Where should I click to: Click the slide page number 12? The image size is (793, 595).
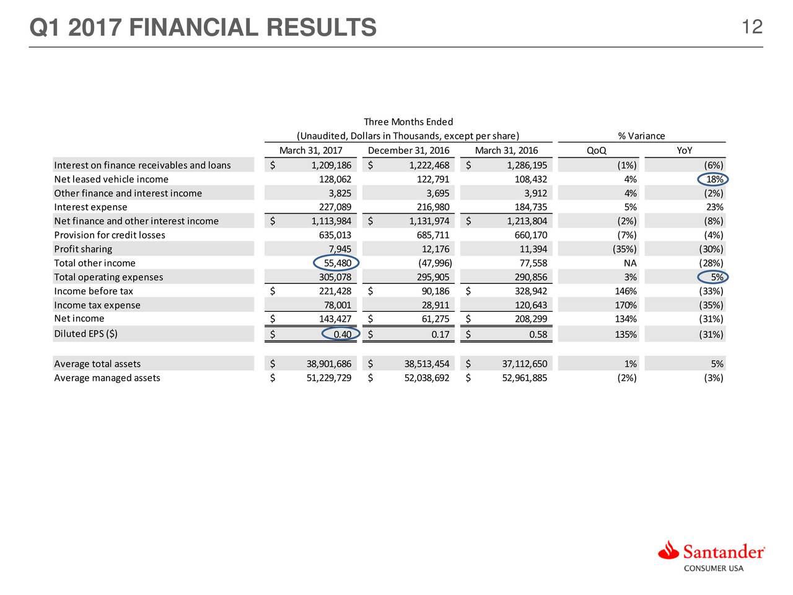[751, 27]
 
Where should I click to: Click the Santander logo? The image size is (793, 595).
[712, 555]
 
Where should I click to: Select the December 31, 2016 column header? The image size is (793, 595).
[408, 151]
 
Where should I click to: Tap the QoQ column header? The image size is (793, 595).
[596, 151]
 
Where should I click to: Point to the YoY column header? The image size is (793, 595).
[685, 151]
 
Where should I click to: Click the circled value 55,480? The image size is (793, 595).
[338, 263]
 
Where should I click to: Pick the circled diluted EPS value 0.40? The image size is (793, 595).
[342, 335]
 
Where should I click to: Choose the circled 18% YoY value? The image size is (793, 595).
[714, 180]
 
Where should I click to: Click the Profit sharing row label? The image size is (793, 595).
[83, 249]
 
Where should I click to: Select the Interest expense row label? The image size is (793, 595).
[90, 207]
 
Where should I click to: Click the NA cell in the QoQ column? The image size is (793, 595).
[630, 263]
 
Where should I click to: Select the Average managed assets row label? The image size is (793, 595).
[107, 378]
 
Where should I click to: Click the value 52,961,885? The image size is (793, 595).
[524, 378]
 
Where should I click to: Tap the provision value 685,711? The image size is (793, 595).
[433, 235]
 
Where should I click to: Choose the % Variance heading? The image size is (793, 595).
[641, 136]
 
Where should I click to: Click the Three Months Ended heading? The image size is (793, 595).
[408, 121]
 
